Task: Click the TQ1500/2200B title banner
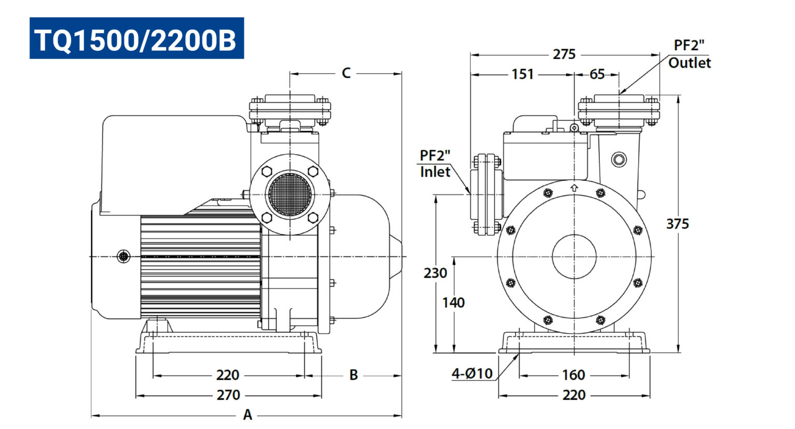(137, 38)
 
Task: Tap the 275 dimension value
(564, 54)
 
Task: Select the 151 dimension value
(522, 74)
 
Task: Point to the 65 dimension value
(597, 74)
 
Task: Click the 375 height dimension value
(677, 224)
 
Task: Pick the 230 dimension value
(435, 273)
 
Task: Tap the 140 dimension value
(453, 303)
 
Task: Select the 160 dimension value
(573, 375)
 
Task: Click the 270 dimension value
(228, 395)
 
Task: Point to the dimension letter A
(247, 415)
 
